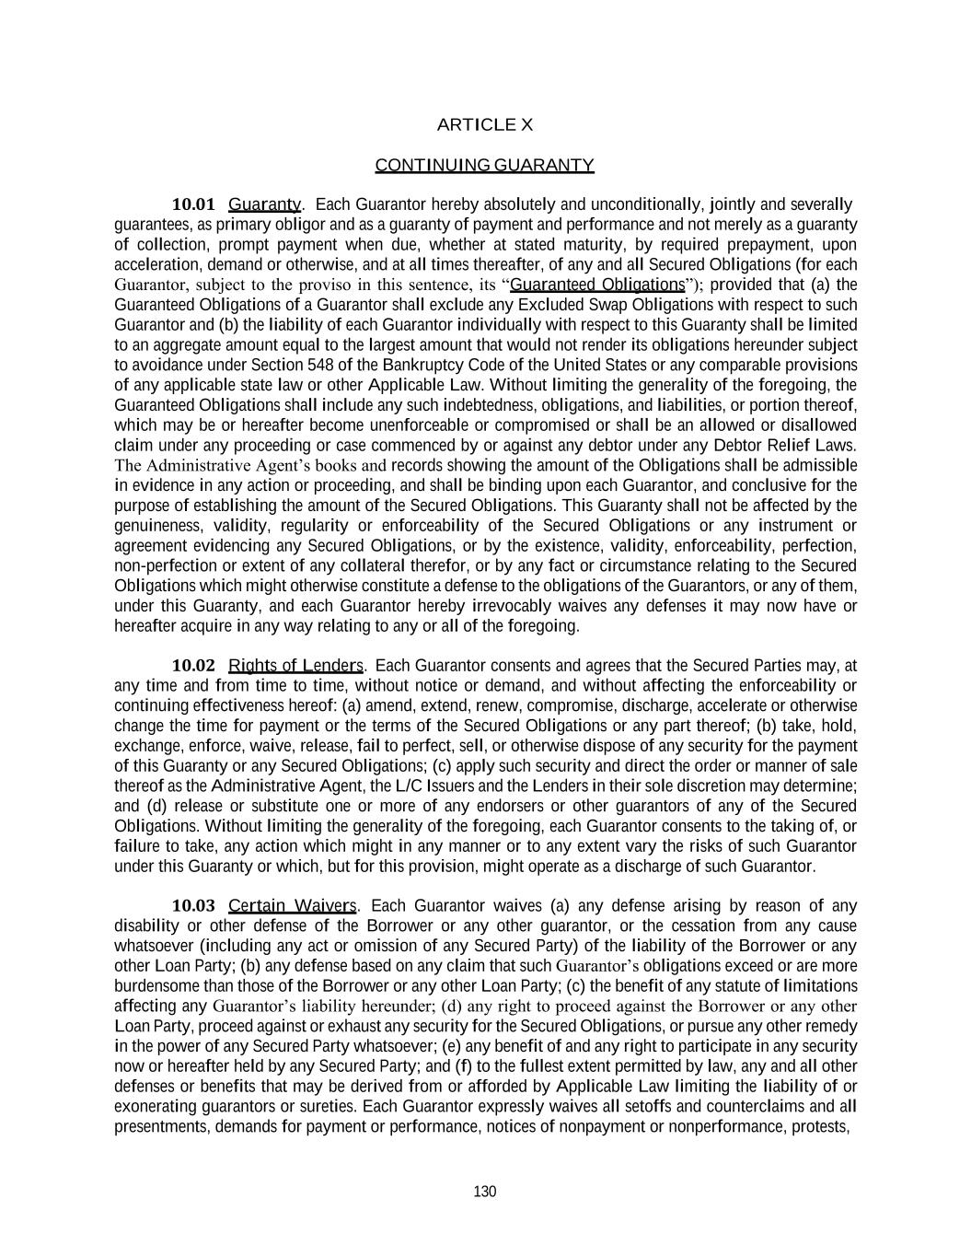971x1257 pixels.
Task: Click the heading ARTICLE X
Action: click(484, 124)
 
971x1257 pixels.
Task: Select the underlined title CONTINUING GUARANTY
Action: click(484, 165)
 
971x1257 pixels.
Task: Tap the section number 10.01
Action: click(193, 204)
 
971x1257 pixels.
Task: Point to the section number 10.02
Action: click(193, 666)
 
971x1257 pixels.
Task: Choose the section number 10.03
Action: click(193, 906)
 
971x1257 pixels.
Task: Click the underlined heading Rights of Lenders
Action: click(295, 666)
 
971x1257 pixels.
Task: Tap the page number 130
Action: click(484, 1192)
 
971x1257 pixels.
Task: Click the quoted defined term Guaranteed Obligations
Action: click(597, 285)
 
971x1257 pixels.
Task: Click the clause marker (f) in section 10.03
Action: click(463, 1066)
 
